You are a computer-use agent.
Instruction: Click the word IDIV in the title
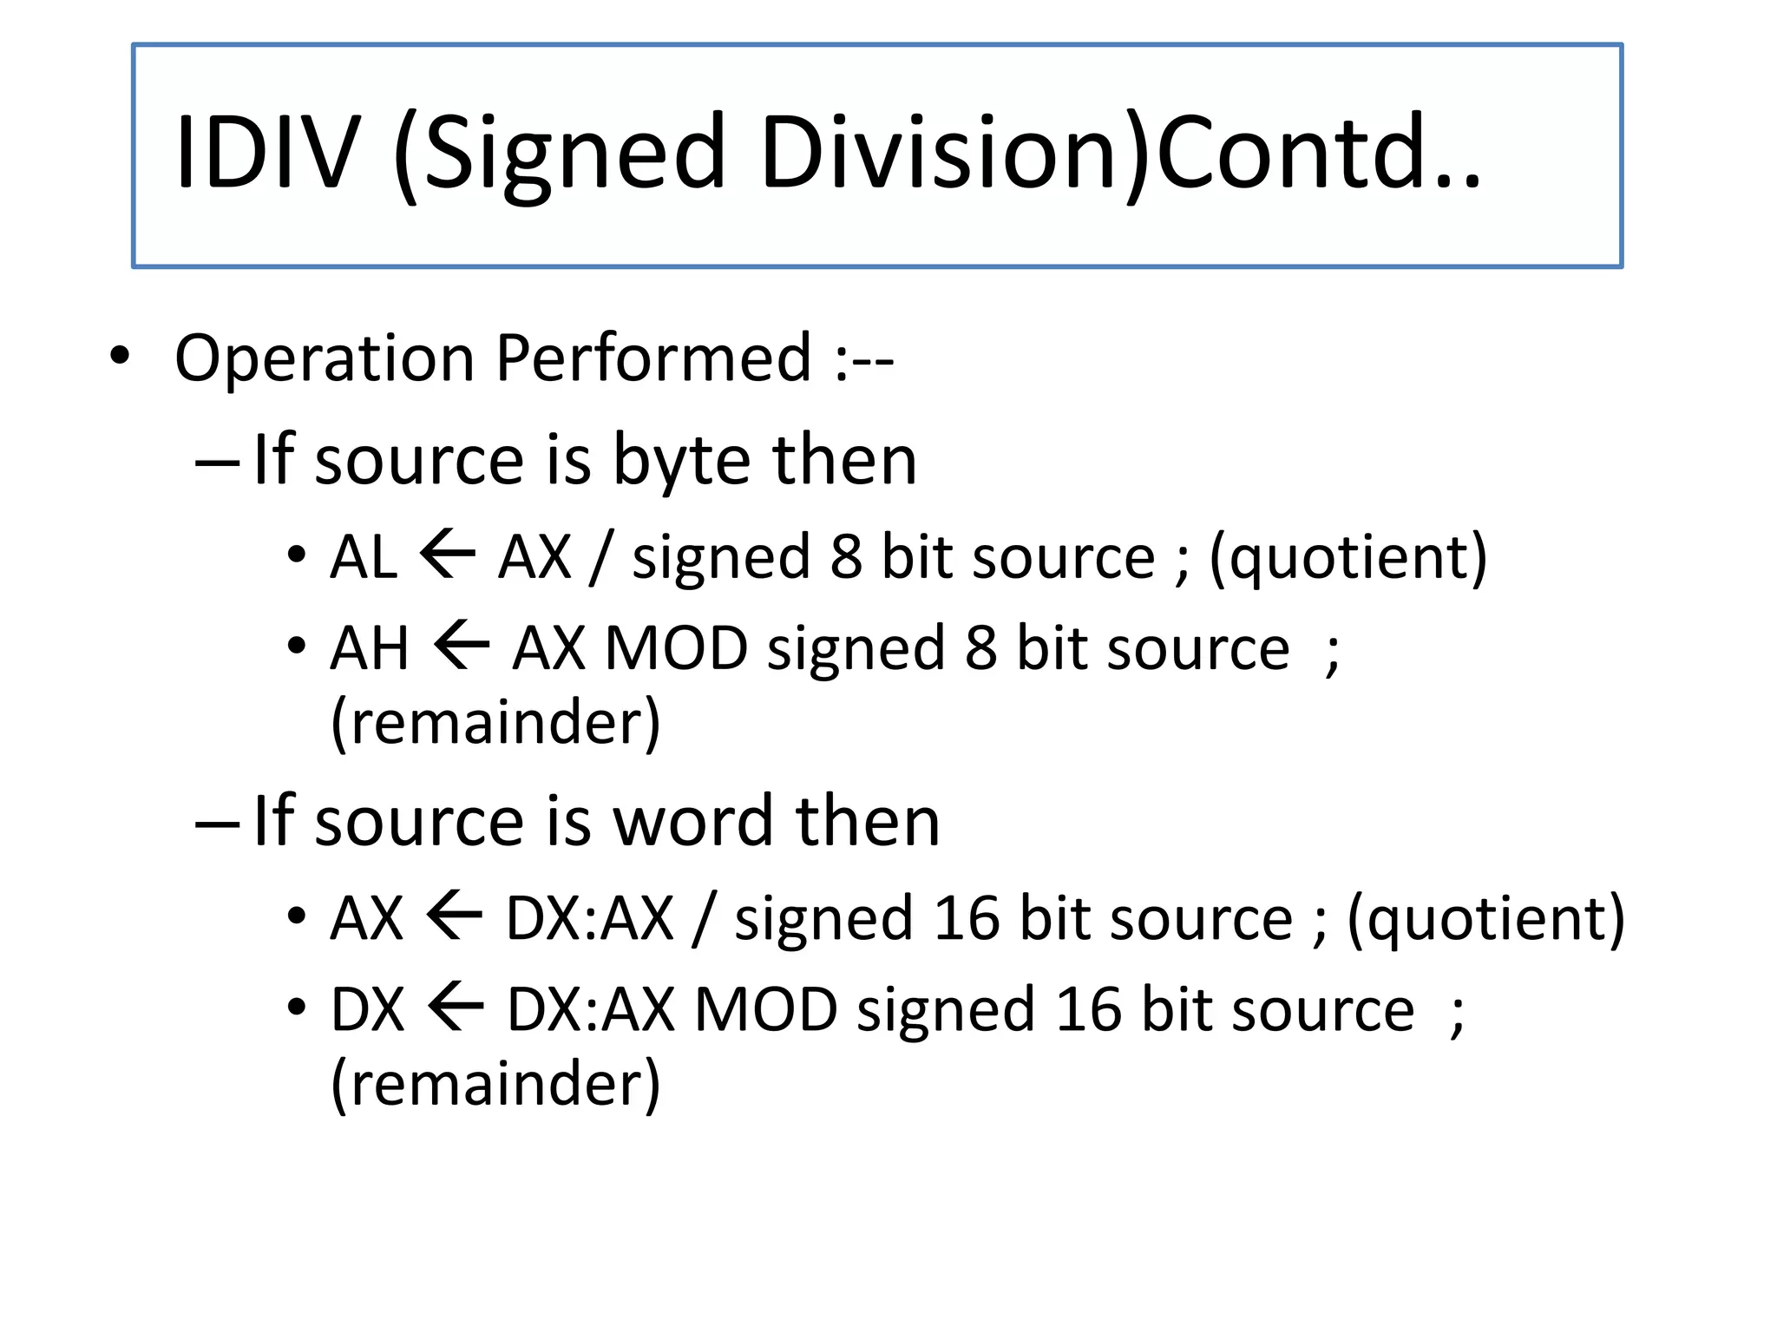tap(267, 153)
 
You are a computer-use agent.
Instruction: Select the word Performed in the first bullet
tap(653, 358)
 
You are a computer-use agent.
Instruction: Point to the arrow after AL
tap(448, 555)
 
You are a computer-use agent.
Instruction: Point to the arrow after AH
tap(461, 647)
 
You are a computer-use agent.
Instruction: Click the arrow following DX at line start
tap(456, 1009)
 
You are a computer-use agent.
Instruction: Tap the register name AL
tap(364, 556)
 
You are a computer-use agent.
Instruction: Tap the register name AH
tap(370, 648)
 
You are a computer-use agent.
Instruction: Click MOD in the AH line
tap(676, 648)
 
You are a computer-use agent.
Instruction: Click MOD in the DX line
tap(765, 1009)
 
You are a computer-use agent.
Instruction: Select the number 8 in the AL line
tap(846, 556)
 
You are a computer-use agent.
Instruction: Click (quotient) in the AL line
tap(1348, 558)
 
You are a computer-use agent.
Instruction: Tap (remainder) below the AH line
tap(495, 722)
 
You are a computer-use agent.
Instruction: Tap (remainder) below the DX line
tap(495, 1084)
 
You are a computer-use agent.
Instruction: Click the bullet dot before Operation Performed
tap(120, 356)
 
